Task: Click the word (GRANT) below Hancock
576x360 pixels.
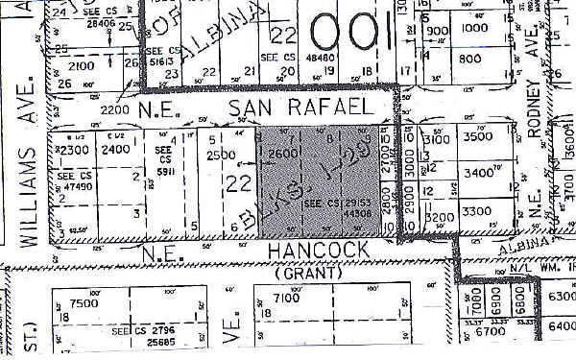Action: [309, 273]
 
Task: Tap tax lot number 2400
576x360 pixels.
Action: [115, 151]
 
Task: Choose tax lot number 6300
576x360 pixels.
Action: [560, 296]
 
